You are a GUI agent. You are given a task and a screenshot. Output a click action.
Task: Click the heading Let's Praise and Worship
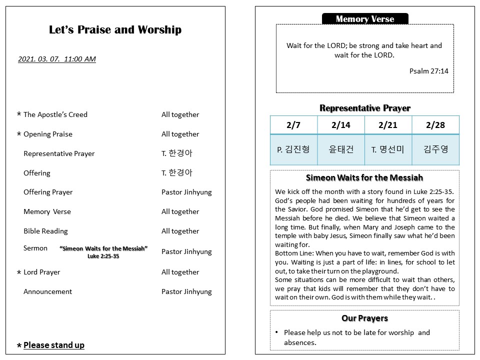(115, 30)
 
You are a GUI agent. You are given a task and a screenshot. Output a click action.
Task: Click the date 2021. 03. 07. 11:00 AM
(56, 59)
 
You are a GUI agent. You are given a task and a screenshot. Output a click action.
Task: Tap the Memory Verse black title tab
(365, 19)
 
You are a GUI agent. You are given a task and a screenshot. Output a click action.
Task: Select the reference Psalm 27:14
(428, 71)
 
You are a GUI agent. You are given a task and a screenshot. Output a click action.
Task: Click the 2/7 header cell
(293, 125)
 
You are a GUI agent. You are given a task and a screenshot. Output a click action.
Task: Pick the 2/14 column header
(341, 125)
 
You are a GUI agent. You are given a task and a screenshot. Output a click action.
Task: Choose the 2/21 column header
(388, 125)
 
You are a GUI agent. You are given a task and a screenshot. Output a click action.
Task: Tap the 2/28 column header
(435, 125)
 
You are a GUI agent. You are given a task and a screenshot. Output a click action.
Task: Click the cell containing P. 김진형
(293, 149)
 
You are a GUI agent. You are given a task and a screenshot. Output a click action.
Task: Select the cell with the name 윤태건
(341, 149)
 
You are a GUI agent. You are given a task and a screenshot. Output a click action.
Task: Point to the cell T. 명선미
(388, 149)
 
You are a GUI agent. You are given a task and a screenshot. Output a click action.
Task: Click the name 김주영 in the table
(435, 149)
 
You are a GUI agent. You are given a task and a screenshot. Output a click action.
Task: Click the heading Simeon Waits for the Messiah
(364, 177)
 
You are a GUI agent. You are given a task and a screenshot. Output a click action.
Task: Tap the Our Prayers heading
(364, 318)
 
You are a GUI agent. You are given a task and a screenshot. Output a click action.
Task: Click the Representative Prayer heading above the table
(364, 108)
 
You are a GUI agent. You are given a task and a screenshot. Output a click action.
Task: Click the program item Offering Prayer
(48, 192)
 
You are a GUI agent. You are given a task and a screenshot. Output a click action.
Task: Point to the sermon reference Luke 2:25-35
(103, 256)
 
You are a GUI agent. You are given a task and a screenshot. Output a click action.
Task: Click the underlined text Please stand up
(54, 345)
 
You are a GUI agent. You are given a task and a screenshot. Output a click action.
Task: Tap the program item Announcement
(47, 291)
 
